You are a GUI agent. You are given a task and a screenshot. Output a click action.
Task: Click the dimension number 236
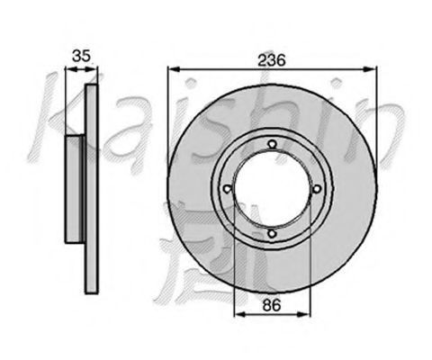(x=272, y=60)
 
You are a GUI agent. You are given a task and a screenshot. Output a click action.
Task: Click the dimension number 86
(x=272, y=305)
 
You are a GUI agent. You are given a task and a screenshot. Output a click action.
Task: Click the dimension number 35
(x=81, y=56)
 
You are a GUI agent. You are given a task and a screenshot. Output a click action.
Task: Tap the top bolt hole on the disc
(x=272, y=144)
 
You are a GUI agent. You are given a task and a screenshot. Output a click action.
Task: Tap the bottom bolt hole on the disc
(x=272, y=233)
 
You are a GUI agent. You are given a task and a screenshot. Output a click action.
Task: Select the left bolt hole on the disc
(x=228, y=189)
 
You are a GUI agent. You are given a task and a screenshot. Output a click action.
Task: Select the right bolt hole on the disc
(x=317, y=189)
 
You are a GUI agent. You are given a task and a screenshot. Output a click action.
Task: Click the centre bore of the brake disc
(x=272, y=189)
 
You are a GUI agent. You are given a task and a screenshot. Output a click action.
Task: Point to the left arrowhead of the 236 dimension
(x=174, y=69)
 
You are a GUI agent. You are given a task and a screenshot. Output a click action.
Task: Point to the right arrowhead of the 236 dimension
(x=371, y=69)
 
